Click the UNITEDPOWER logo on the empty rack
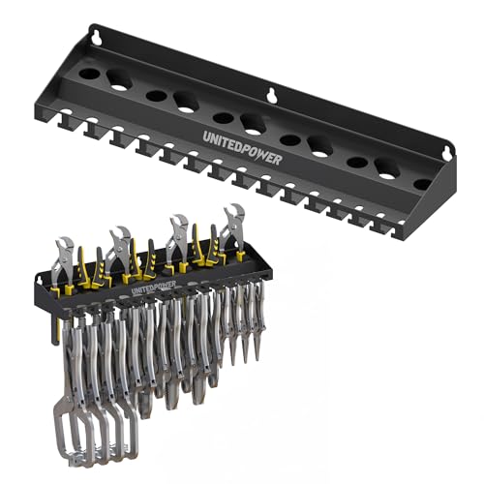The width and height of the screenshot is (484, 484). pos(243,148)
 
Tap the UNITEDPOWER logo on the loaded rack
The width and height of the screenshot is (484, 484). pos(153,287)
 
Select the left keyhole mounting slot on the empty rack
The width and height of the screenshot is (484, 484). pos(96,38)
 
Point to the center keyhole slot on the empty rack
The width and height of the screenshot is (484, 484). pos(272,96)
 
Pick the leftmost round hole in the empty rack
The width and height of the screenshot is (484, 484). pos(90,73)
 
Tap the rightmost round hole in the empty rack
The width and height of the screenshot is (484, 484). pos(422,185)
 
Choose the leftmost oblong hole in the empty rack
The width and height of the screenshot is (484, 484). pos(119,79)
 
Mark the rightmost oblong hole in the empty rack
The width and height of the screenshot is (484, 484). pos(387,168)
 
